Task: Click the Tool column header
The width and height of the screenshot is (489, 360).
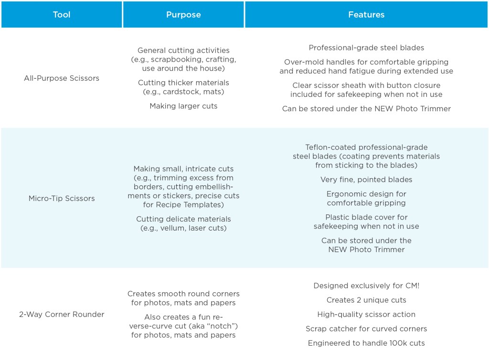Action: (x=62, y=15)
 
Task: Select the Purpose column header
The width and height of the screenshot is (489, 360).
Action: (x=183, y=15)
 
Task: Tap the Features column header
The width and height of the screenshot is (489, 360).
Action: (x=366, y=15)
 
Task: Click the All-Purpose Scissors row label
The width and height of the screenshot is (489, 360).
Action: (x=62, y=78)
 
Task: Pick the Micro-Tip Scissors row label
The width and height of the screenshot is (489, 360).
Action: (x=62, y=199)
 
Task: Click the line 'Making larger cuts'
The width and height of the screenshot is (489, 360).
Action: (x=183, y=106)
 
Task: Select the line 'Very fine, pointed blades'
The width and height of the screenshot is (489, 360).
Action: (x=366, y=180)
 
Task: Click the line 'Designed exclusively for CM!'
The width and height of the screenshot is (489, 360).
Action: (x=366, y=286)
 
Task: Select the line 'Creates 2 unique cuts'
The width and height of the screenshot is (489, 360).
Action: (x=366, y=300)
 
